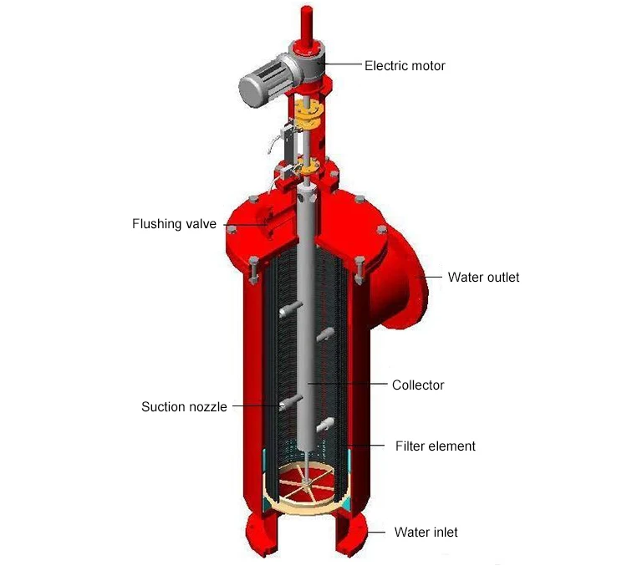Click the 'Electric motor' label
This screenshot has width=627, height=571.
[405, 65]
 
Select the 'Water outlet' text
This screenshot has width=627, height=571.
[483, 277]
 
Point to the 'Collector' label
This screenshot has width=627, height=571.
[418, 385]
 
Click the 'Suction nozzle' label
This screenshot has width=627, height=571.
[184, 407]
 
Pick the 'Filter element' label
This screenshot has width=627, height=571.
[435, 446]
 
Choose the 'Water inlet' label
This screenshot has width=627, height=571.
[426, 532]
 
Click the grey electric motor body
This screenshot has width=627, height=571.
[264, 80]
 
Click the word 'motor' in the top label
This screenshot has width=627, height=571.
[427, 65]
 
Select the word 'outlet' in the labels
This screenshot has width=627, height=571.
[501, 277]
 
